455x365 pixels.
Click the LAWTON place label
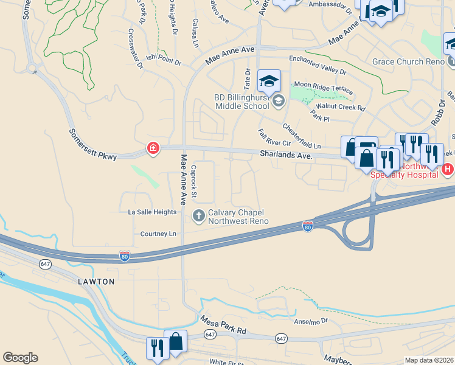(x=96, y=282)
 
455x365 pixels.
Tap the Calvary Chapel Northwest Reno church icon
(x=198, y=215)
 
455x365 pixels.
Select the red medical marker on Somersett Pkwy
(x=153, y=148)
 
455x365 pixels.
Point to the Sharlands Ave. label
(x=287, y=156)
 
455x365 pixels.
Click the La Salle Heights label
(x=152, y=212)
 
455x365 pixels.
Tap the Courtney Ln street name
(x=158, y=234)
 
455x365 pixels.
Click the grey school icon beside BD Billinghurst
(x=278, y=100)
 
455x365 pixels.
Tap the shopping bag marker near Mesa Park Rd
(x=175, y=341)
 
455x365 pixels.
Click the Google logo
(x=20, y=358)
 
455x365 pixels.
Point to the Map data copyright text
(x=429, y=360)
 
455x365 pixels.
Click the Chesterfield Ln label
(x=301, y=137)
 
